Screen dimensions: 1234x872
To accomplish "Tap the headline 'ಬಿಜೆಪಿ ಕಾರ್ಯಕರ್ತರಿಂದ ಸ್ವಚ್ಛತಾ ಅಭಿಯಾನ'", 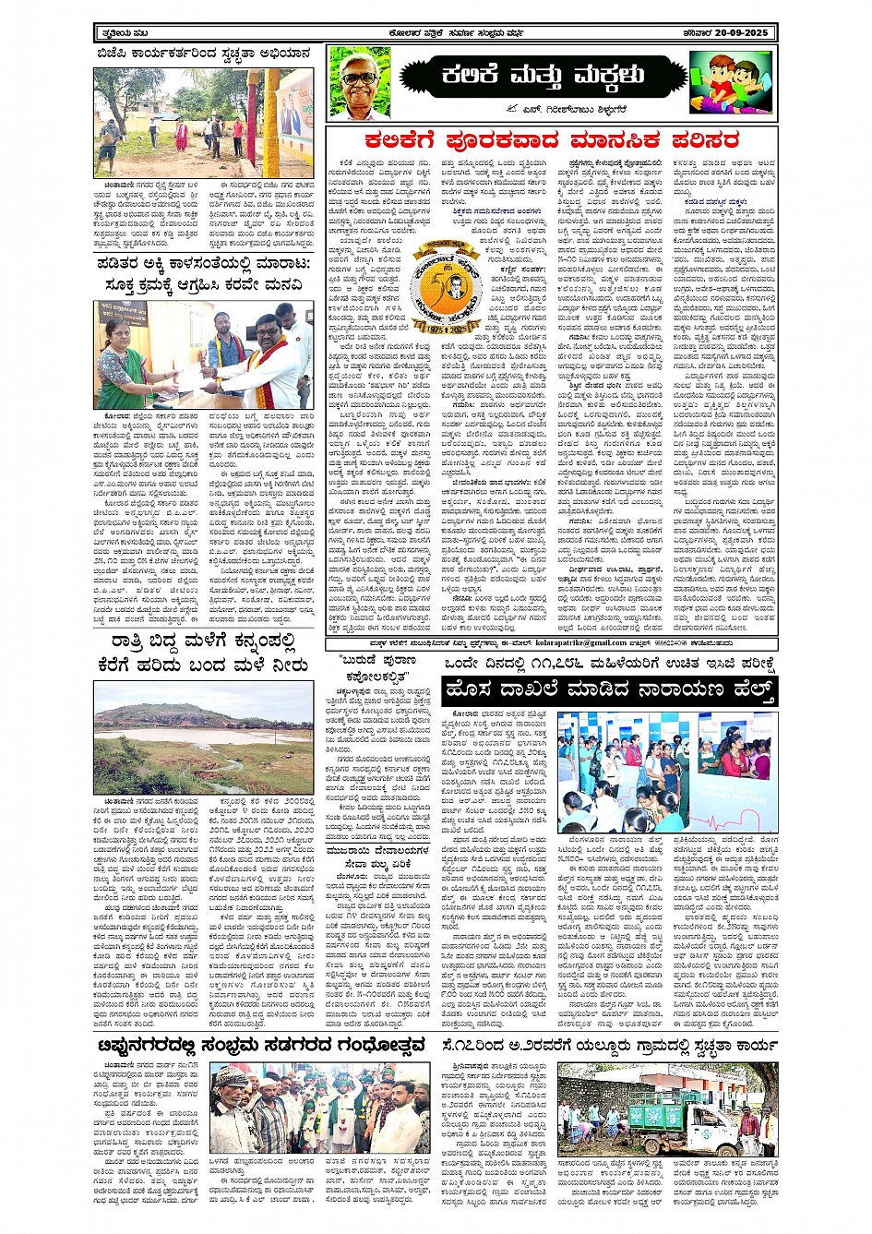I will click(204, 54).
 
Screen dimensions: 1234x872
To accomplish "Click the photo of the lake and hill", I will click(203, 737).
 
